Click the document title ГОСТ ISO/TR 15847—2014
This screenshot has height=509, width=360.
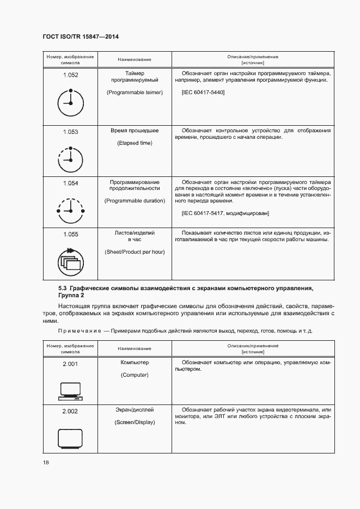[x=81, y=36]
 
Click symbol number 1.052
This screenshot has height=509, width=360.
[x=71, y=75]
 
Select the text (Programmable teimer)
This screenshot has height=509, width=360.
[x=135, y=93]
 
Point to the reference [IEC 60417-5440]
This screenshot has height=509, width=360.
[x=203, y=93]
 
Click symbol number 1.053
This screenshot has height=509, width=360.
[x=71, y=132]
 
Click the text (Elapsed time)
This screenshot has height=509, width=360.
[x=135, y=143]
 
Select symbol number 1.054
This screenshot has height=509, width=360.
[x=71, y=183]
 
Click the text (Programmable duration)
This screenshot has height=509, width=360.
[x=135, y=201]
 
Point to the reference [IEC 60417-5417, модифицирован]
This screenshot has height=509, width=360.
[x=225, y=213]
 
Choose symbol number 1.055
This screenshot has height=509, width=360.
[x=71, y=235]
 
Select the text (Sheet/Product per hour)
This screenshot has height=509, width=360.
[x=135, y=252]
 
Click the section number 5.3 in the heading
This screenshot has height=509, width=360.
[x=63, y=287]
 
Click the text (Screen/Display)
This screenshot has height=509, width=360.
[x=135, y=422]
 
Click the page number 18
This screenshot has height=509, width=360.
[x=46, y=462]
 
